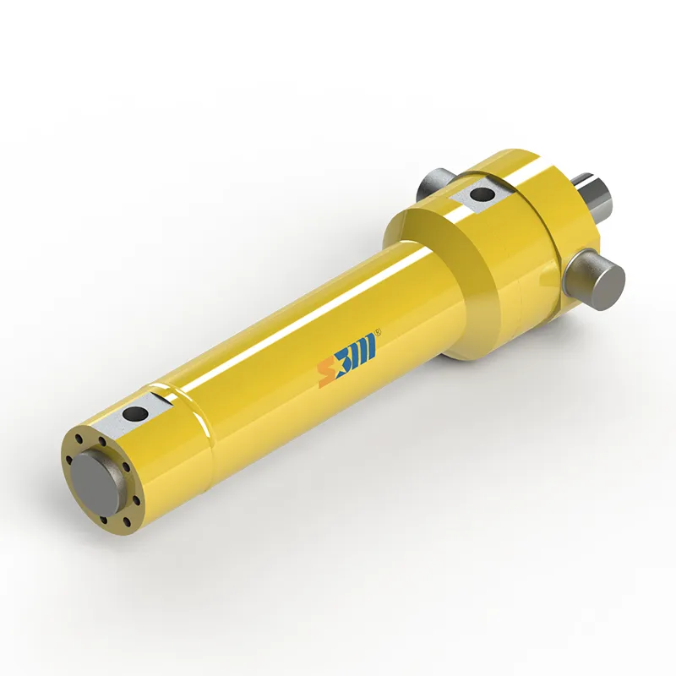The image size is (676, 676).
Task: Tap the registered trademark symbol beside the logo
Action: (378, 332)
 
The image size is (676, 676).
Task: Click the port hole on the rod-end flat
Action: (135, 414)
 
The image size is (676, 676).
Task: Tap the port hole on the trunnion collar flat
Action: (482, 194)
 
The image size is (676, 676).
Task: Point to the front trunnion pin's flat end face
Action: (608, 286)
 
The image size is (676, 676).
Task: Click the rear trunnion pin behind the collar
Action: (435, 183)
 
